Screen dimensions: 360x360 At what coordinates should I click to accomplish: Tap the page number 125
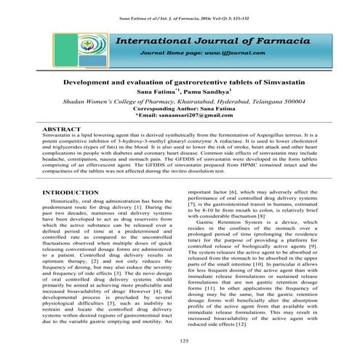pyautogui.click(x=183, y=340)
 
